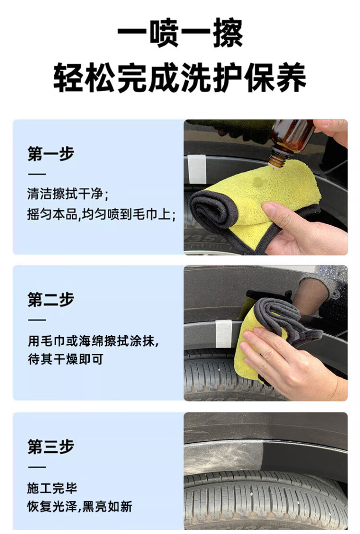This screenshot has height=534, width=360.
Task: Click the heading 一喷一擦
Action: coord(180,33)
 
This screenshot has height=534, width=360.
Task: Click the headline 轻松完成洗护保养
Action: coord(180,78)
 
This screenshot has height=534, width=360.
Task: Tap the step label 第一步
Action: coord(51,154)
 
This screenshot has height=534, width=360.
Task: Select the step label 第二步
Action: coord(51,299)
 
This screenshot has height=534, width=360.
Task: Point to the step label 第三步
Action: coord(51,446)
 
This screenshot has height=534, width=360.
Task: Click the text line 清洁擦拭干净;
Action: coord(68,194)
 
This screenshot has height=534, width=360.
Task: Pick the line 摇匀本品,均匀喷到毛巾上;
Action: coord(101,214)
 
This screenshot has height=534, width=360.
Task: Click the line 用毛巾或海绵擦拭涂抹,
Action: coord(93,340)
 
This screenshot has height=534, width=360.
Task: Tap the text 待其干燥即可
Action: coord(65,359)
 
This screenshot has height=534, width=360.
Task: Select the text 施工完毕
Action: coord(52,488)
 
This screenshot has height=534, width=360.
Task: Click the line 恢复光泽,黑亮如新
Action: coord(80,507)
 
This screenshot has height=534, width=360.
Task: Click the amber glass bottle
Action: coord(289,141)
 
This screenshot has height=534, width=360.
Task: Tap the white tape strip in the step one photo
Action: coord(197,169)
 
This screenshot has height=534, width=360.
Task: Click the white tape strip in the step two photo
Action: coord(224,334)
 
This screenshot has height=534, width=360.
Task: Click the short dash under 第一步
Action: coord(37,174)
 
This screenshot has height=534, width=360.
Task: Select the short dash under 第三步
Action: coord(37,467)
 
